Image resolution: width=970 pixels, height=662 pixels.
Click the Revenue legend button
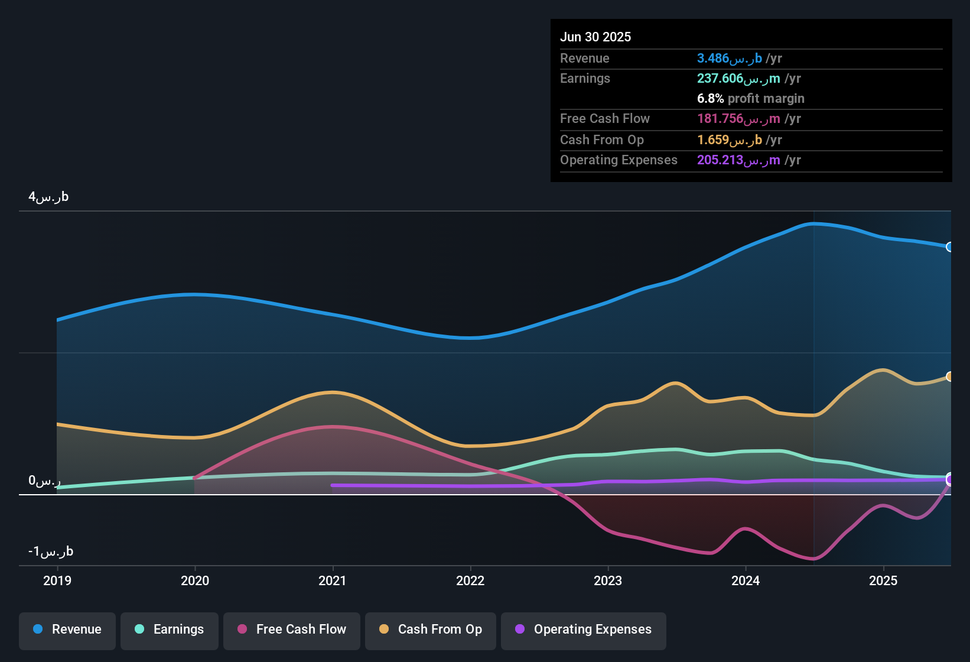(67, 629)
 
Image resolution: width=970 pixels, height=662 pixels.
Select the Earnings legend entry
(170, 629)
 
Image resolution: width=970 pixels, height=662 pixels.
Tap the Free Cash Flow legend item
(292, 629)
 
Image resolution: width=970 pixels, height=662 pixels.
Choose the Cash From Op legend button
(431, 629)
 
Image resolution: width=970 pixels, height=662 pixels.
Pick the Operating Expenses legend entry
(584, 629)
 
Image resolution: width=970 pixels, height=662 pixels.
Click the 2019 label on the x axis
(57, 580)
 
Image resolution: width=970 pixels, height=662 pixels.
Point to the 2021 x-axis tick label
(333, 580)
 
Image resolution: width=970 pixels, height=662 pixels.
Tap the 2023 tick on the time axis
(608, 580)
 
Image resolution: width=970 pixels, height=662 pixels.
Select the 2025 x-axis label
(883, 580)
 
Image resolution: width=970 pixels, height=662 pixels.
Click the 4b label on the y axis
(48, 197)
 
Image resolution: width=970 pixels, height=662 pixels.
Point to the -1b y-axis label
(51, 551)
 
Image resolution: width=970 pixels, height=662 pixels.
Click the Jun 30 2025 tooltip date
(595, 37)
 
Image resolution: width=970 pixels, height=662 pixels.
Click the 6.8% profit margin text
(750, 99)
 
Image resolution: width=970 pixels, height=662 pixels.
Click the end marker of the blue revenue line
(949, 247)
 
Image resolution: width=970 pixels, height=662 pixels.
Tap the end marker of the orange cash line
(949, 377)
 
